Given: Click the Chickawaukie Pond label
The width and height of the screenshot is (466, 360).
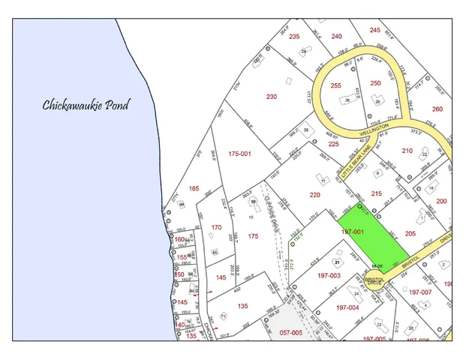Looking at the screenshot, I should pyautogui.click(x=85, y=104).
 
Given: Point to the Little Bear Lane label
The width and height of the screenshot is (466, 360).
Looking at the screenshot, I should pyautogui.click(x=356, y=163).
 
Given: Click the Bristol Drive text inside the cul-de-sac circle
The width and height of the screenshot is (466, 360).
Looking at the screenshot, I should pyautogui.click(x=374, y=280).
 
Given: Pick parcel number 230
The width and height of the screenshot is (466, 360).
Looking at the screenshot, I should pyautogui.click(x=272, y=96).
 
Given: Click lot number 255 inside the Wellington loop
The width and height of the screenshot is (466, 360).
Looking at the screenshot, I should pyautogui.click(x=336, y=85).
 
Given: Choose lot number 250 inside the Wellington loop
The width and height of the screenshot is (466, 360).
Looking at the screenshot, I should pyautogui.click(x=375, y=83).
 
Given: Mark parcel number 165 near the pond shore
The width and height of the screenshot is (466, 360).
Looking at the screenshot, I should pyautogui.click(x=194, y=188).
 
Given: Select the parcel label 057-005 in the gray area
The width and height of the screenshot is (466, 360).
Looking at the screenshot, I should pyautogui.click(x=291, y=331).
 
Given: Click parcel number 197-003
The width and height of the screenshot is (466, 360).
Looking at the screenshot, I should pyautogui.click(x=328, y=275).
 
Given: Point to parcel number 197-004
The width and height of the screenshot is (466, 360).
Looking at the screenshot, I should pyautogui.click(x=347, y=307).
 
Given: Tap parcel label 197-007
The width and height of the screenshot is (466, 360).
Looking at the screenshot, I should pyautogui.click(x=421, y=292).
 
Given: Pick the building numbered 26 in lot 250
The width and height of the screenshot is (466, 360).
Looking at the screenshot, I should pyautogui.click(x=378, y=101).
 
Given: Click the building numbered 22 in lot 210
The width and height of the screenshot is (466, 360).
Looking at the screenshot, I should pyautogui.click(x=425, y=154).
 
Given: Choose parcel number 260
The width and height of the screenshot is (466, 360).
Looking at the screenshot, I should pyautogui.click(x=437, y=109).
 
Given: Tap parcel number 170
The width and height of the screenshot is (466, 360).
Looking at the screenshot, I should pyautogui.click(x=217, y=227).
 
